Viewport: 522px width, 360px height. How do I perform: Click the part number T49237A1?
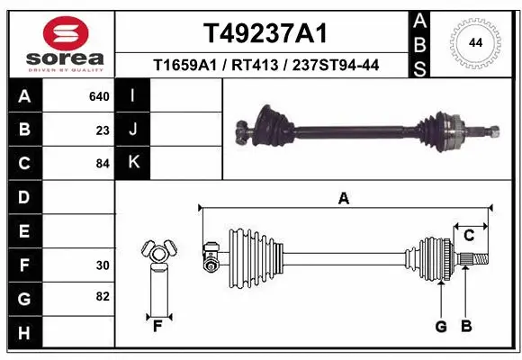[x=264, y=33]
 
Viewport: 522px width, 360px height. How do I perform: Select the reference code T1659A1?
[x=188, y=65]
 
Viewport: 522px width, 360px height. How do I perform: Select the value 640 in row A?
[x=98, y=96]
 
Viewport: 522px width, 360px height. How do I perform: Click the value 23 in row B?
[x=102, y=130]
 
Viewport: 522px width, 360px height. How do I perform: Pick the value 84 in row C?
[x=102, y=164]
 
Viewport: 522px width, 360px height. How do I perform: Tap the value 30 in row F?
[x=102, y=265]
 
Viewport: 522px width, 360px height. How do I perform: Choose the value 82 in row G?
[x=102, y=296]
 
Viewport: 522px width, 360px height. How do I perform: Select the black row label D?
[x=24, y=197]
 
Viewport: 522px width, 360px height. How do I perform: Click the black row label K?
[x=133, y=163]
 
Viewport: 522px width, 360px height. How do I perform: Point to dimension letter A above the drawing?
[x=343, y=200]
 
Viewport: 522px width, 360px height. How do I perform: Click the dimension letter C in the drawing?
[x=469, y=235]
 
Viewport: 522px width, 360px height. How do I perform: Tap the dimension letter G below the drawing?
[x=441, y=327]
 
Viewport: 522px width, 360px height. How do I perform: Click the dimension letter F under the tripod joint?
[x=157, y=327]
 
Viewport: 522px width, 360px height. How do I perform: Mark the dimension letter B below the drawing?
[x=466, y=327]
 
